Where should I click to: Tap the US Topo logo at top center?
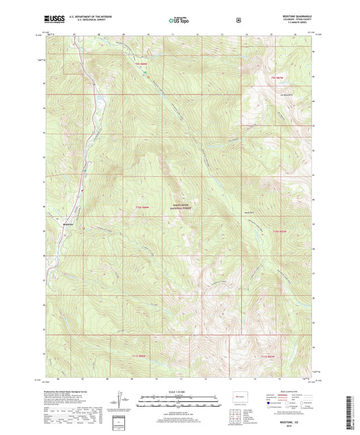click(x=179, y=21)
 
